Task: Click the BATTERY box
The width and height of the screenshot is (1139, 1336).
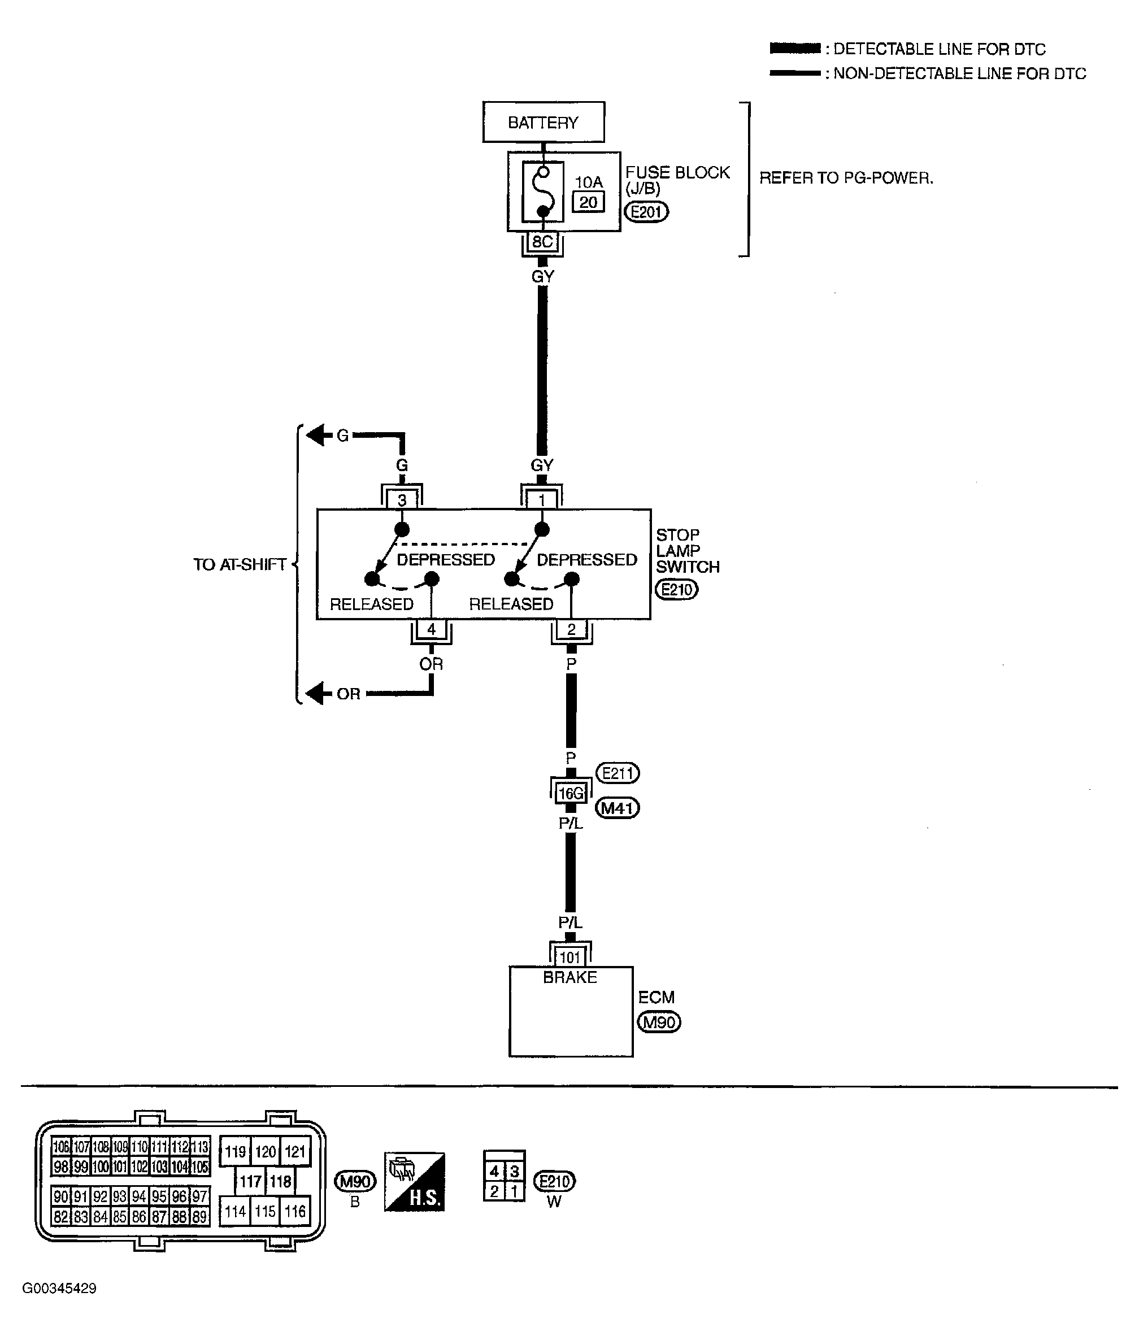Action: [x=543, y=122]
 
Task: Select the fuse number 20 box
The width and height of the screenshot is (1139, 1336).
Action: [x=588, y=202]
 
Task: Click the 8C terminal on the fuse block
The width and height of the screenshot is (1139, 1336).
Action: [x=542, y=242]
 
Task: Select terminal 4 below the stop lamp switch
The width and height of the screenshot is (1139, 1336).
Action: [x=431, y=629]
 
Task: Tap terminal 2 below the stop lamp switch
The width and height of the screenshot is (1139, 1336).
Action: [x=571, y=629]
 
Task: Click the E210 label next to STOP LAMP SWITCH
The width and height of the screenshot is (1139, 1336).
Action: [x=676, y=589]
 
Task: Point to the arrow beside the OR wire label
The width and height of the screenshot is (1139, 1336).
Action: [x=315, y=694]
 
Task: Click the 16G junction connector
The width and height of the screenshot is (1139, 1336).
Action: [x=571, y=793]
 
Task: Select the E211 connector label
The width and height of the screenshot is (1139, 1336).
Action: [x=617, y=772]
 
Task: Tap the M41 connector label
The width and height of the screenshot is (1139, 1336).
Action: [x=617, y=807]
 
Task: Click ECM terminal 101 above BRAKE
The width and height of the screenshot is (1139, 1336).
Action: [x=570, y=956]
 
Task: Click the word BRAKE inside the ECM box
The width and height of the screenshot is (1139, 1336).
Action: [x=570, y=977]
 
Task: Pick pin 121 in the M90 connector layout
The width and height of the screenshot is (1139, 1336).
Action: [x=295, y=1152]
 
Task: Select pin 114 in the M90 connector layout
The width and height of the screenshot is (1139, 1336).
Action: [x=235, y=1211]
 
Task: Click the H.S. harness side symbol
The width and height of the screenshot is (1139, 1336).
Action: [x=414, y=1182]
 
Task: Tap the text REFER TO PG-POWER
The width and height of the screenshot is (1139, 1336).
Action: [x=846, y=178]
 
